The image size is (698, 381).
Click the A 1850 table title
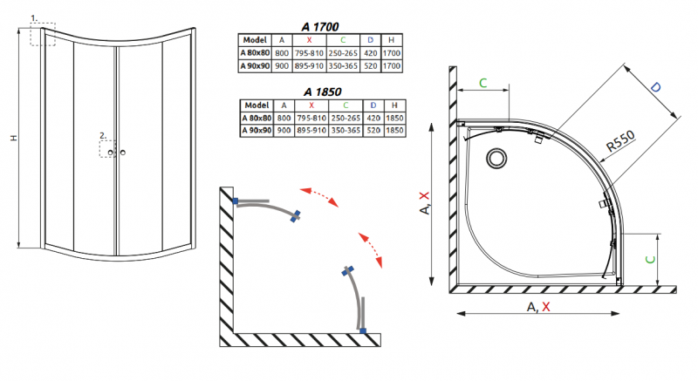pyautogui.click(x=321, y=91)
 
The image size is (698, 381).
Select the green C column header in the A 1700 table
pyautogui.click(x=343, y=40)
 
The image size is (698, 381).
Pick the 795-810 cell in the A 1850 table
pyautogui.click(x=311, y=118)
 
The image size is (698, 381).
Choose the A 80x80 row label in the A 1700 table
pyautogui.click(x=254, y=51)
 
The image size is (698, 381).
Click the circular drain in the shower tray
pyautogui.click(x=498, y=159)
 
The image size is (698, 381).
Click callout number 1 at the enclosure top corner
pyautogui.click(x=35, y=18)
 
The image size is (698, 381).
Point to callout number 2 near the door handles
pyautogui.click(x=101, y=136)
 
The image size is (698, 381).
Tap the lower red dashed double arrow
pyautogui.click(x=370, y=249)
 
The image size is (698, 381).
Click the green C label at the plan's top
pyautogui.click(x=482, y=83)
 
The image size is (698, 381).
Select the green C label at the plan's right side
pyautogui.click(x=669, y=258)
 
